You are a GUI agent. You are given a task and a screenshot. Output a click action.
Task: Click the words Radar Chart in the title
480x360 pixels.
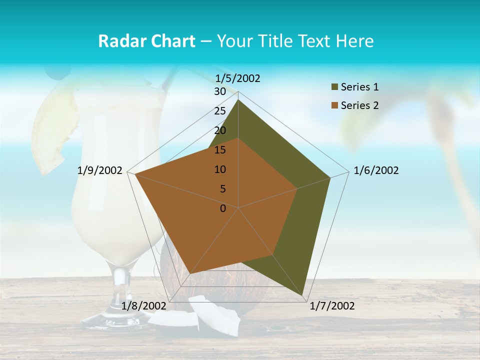pyautogui.click(x=146, y=41)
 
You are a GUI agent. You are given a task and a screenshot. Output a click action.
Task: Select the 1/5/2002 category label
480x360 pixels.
pyautogui.click(x=237, y=78)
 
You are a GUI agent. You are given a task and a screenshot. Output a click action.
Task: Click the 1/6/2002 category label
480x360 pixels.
pyautogui.click(x=376, y=170)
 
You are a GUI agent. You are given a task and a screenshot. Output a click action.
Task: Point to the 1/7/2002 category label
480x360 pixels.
pyautogui.click(x=332, y=306)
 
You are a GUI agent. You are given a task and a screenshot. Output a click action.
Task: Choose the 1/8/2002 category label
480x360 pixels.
pyautogui.click(x=144, y=305)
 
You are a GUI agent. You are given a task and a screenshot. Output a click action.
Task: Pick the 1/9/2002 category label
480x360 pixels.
pyautogui.click(x=100, y=170)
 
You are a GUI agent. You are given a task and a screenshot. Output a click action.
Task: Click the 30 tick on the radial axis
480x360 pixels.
pyautogui.click(x=220, y=91)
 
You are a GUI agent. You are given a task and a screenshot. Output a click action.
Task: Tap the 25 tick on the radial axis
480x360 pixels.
pyautogui.click(x=220, y=111)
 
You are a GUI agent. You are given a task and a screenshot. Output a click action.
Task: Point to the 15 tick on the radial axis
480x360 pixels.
pyautogui.click(x=220, y=150)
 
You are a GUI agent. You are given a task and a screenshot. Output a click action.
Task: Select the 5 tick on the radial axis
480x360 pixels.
pyautogui.click(x=222, y=189)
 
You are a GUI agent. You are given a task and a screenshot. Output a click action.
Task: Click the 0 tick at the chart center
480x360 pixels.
pyautogui.click(x=223, y=208)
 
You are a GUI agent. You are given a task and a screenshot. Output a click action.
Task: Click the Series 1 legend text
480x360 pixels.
pyautogui.click(x=359, y=87)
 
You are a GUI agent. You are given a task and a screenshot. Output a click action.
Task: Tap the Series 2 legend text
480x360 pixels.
pyautogui.click(x=359, y=105)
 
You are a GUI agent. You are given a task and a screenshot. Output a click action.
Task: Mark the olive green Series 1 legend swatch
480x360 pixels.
pyautogui.click(x=334, y=87)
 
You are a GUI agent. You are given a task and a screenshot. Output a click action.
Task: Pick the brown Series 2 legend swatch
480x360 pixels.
pyautogui.click(x=334, y=105)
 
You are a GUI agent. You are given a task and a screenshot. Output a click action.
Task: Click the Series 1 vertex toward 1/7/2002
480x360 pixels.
pyautogui.click(x=303, y=296)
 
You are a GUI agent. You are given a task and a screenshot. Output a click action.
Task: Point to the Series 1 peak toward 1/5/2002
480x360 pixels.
pyautogui.click(x=238, y=100)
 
